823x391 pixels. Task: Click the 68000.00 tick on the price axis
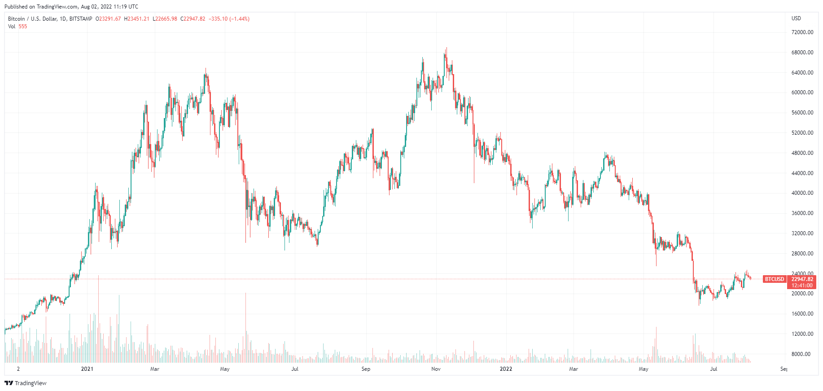click(x=802, y=53)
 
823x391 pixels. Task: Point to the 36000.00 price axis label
click(x=802, y=213)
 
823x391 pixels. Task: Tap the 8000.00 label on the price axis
click(x=801, y=354)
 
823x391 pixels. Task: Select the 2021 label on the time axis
click(x=87, y=369)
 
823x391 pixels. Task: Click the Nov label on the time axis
click(x=436, y=369)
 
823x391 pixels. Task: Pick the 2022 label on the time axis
click(x=506, y=369)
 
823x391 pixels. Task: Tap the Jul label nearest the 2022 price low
click(x=713, y=369)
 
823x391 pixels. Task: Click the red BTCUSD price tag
click(x=774, y=279)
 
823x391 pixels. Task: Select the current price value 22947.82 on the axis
click(x=802, y=279)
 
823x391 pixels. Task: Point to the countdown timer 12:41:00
click(x=802, y=286)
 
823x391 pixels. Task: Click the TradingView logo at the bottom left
click(x=26, y=383)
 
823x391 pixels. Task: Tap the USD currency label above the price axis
click(x=796, y=18)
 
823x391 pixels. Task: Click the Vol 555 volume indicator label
click(x=18, y=26)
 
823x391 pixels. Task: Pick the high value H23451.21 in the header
click(x=136, y=19)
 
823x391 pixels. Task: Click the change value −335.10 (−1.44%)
click(x=229, y=19)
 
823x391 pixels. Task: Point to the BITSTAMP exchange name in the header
click(x=81, y=19)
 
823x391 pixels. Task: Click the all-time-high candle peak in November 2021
click(x=446, y=48)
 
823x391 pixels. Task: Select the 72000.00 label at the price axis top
click(x=802, y=32)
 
